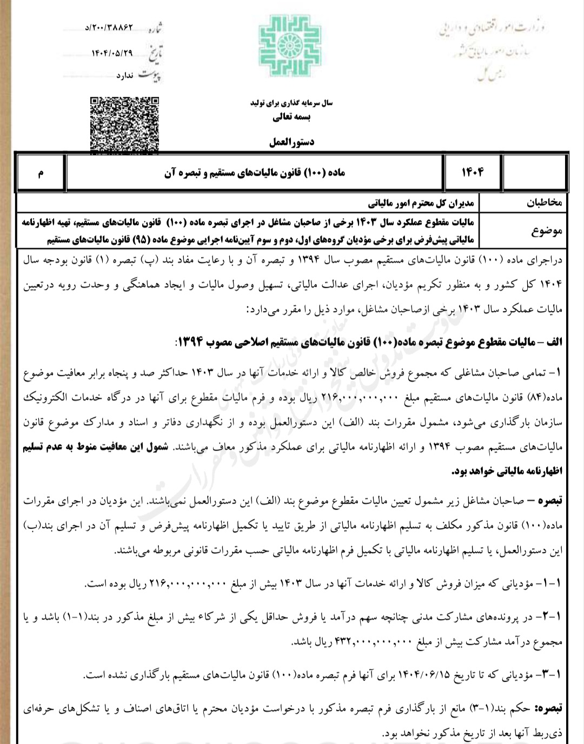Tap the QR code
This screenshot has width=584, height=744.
(x=124, y=124)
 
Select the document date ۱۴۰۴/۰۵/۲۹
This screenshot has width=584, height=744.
(x=111, y=53)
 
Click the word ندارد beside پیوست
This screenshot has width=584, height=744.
(x=124, y=75)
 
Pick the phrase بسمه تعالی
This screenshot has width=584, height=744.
(x=291, y=117)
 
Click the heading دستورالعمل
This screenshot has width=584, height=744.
(x=291, y=142)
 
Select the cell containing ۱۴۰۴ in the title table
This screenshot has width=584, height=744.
(x=472, y=173)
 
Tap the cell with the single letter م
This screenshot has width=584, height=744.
(x=41, y=173)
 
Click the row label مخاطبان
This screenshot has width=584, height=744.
(x=545, y=202)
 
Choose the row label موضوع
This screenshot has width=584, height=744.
(x=547, y=231)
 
